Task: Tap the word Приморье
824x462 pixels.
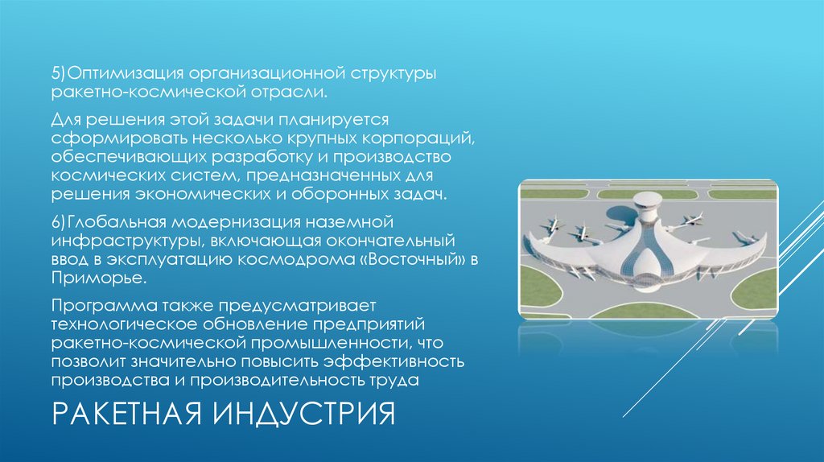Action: [99, 278]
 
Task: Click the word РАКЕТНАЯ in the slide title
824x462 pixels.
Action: [129, 416]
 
